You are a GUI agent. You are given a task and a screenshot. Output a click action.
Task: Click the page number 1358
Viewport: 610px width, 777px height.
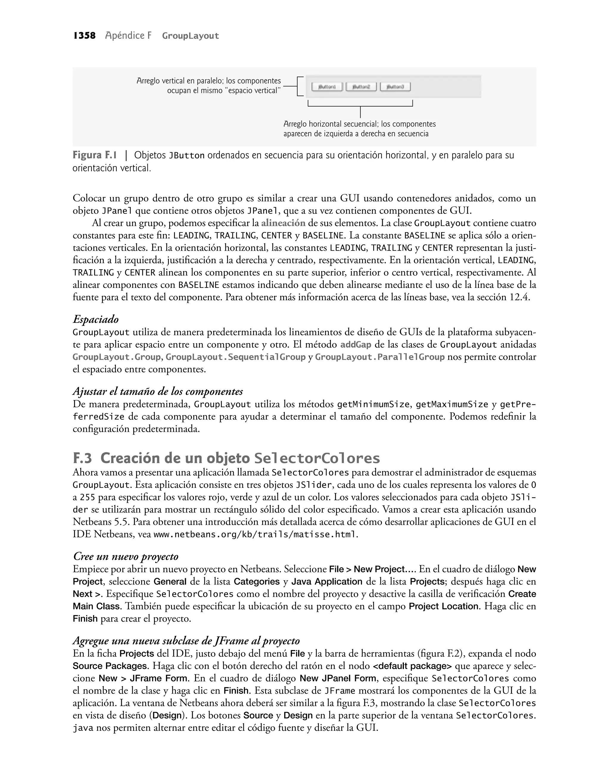(85, 36)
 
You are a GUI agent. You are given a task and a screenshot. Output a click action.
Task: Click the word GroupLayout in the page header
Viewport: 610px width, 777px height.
(190, 36)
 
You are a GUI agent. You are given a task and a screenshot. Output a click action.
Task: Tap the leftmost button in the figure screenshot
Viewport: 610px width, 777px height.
(327, 87)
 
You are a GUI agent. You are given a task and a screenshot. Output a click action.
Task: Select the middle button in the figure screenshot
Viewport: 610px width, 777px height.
(361, 87)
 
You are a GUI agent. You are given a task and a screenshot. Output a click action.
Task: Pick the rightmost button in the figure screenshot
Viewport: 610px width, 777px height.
(395, 87)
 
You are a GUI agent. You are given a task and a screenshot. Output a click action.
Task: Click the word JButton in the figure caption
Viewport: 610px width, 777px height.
(186, 156)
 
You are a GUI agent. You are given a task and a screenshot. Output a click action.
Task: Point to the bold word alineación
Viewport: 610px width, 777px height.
(283, 223)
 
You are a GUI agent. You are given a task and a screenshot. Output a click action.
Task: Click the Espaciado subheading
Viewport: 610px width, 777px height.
(95, 319)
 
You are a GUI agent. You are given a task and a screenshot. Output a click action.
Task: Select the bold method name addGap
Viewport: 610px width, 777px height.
(355, 345)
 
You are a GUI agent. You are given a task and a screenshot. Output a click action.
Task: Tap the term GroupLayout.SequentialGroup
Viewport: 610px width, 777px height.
(235, 357)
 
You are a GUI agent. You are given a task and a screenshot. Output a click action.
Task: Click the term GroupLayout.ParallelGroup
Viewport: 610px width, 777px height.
(380, 357)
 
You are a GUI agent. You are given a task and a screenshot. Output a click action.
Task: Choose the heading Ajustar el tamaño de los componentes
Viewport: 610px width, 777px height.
(158, 391)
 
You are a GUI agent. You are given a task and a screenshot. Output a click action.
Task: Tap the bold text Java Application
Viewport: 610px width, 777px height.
(327, 581)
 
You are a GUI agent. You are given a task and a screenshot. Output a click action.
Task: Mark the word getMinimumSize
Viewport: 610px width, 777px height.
(373, 404)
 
